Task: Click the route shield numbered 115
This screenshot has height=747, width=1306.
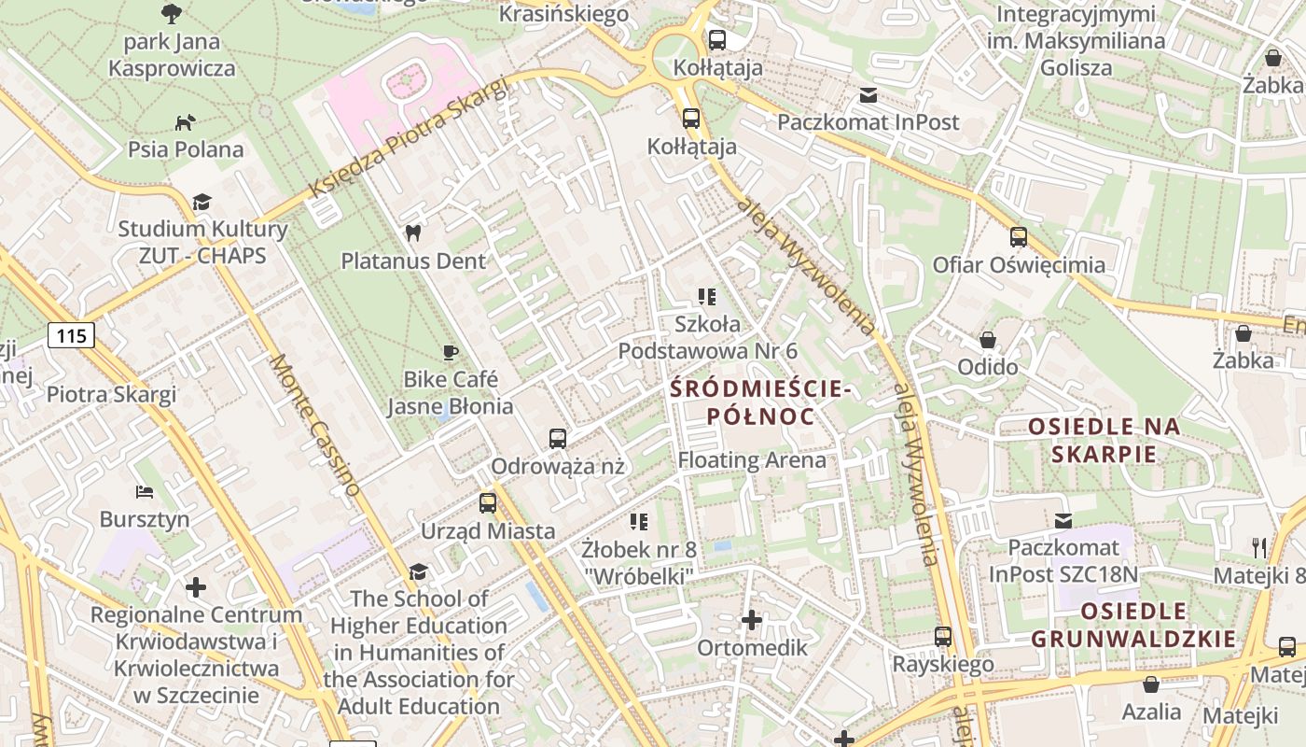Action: (72, 336)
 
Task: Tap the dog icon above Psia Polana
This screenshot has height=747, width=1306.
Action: (186, 122)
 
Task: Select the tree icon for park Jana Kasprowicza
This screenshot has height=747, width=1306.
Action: (172, 13)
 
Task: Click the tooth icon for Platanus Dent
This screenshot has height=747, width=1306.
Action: (412, 233)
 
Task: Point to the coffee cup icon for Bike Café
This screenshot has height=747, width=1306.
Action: (451, 352)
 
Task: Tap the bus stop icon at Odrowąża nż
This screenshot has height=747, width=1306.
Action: (558, 438)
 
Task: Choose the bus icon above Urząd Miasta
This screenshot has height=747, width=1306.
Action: (488, 503)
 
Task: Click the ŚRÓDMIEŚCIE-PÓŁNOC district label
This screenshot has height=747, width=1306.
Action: (761, 402)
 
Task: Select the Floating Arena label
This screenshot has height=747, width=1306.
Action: (752, 460)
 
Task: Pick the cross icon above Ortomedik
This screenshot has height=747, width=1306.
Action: (752, 620)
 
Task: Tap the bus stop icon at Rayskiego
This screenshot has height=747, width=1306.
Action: (943, 637)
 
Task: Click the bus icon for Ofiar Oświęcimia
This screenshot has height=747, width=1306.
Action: (1019, 237)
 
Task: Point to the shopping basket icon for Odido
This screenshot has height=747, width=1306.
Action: (987, 340)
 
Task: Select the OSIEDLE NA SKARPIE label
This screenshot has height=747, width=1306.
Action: (1105, 441)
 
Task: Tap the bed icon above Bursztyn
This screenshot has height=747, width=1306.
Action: (145, 491)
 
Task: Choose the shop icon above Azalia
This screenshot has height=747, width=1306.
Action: (1151, 684)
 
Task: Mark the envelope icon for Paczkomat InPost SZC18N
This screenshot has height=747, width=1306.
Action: (1063, 521)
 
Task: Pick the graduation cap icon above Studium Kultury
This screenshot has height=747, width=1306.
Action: (202, 202)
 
